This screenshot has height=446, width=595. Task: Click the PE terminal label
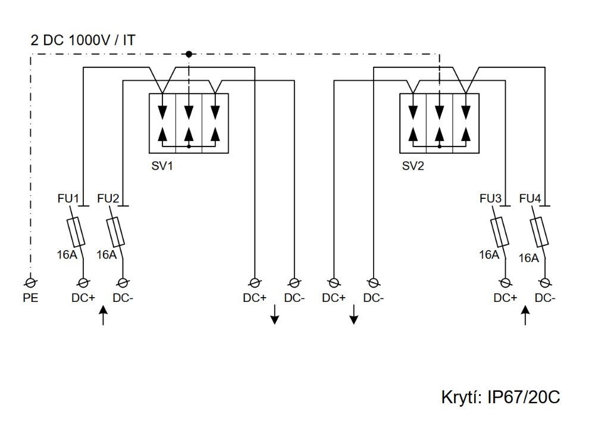click(x=30, y=298)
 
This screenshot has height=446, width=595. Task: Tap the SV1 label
click(x=162, y=166)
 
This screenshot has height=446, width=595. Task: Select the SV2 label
click(x=413, y=166)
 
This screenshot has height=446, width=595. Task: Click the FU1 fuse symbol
click(x=76, y=232)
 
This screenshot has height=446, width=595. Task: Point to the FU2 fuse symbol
click(x=115, y=232)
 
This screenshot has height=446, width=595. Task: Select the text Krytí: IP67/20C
click(x=500, y=397)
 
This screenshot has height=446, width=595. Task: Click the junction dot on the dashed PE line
click(x=189, y=54)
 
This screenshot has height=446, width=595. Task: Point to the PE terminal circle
click(x=30, y=282)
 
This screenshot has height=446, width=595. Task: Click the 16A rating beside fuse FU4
click(x=528, y=258)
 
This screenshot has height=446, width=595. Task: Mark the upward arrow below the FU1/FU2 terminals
click(x=104, y=316)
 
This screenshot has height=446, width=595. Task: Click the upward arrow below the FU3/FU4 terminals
click(x=525, y=316)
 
